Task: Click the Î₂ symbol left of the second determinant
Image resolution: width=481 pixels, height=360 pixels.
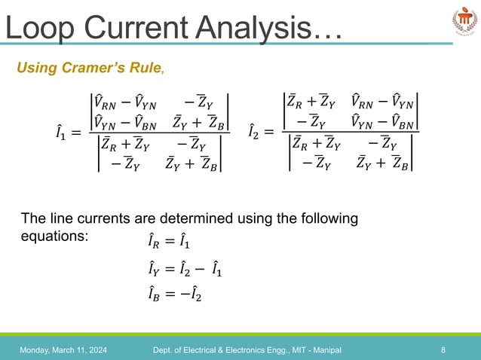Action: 256,134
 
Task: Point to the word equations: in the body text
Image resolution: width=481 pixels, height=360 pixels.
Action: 54,235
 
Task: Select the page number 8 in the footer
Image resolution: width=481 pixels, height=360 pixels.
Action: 443,350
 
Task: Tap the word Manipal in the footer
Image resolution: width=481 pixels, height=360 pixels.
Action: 324,350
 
